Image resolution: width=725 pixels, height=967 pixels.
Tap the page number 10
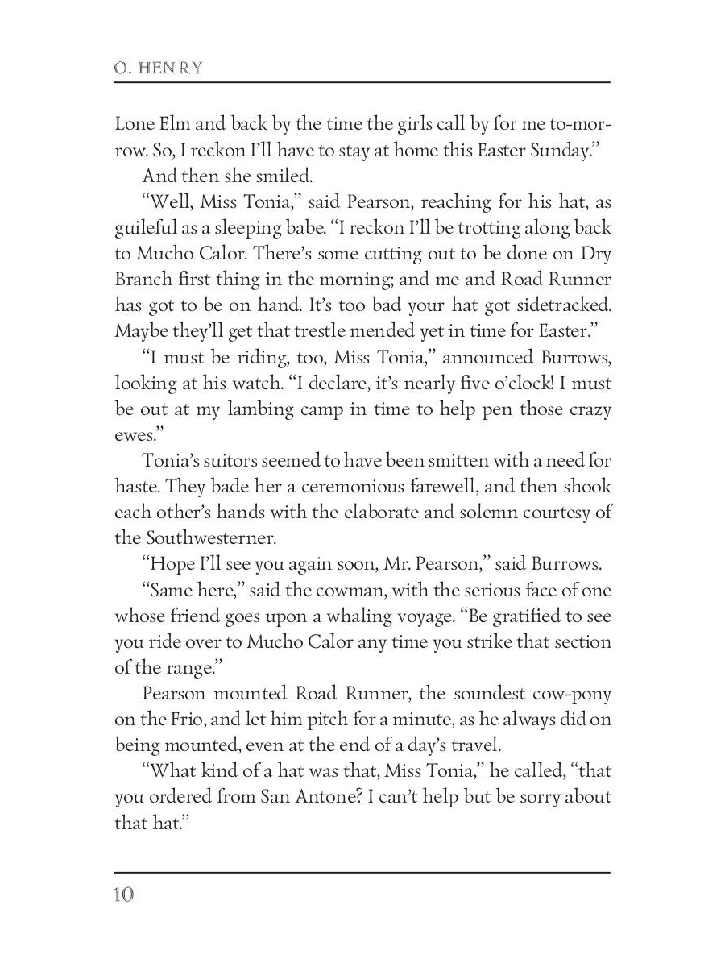coord(125,895)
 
